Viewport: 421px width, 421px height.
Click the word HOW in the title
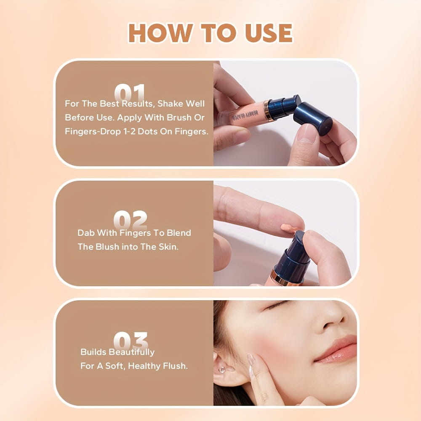[160, 33]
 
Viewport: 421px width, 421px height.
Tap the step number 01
[130, 92]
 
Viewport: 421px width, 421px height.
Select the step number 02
[130, 219]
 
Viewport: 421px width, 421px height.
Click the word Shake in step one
[169, 104]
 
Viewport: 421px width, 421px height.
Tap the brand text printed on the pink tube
[245, 115]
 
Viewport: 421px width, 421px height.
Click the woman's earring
[222, 370]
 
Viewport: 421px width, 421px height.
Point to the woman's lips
[336, 349]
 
